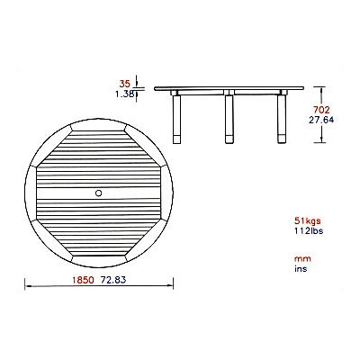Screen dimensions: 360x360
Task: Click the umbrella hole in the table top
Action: (98, 193)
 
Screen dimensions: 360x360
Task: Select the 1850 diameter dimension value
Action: (83, 280)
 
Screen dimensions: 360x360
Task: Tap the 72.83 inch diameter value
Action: (113, 280)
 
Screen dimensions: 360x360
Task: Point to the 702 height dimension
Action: (321, 110)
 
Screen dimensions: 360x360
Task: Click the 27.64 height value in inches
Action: (321, 120)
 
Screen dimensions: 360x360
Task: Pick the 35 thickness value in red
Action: (125, 84)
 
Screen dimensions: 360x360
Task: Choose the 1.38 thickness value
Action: (125, 94)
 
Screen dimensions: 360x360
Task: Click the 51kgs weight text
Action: (308, 221)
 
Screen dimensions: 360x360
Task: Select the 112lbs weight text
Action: (309, 231)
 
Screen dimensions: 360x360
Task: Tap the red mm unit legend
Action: (302, 259)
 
